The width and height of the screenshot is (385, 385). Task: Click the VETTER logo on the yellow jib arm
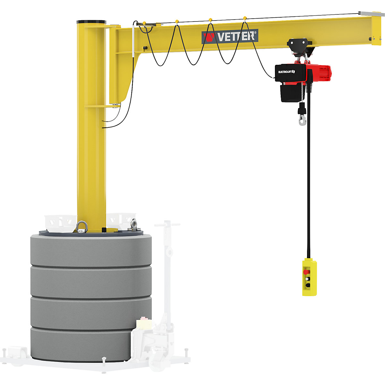230,36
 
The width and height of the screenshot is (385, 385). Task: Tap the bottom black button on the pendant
308,285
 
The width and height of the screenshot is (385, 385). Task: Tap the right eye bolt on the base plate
133,224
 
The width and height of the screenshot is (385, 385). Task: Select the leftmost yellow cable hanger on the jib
144,23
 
